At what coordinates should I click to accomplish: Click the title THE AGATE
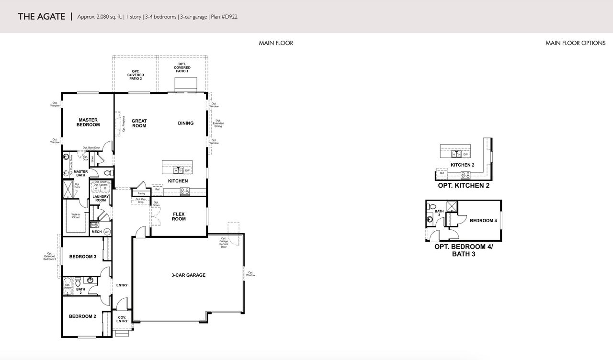tap(41, 17)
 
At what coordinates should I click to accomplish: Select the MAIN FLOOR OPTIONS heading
tap(575, 43)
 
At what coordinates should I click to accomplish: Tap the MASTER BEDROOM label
tap(88, 123)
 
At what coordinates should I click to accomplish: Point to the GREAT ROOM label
tap(139, 124)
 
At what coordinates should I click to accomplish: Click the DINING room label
tap(186, 123)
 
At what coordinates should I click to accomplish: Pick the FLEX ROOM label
tap(179, 216)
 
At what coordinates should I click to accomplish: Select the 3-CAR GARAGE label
tap(188, 275)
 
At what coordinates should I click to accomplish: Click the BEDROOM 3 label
tap(83, 257)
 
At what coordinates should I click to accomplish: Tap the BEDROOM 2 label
tap(82, 316)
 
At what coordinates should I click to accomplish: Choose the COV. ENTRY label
tap(122, 319)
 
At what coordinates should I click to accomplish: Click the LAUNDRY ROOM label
tap(101, 198)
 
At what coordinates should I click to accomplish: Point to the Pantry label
tap(141, 194)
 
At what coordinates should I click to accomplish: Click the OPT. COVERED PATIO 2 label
tap(136, 75)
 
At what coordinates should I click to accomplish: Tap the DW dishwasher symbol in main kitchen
tap(187, 170)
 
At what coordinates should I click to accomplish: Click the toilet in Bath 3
tap(430, 221)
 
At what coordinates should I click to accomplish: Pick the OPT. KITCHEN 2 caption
tap(463, 185)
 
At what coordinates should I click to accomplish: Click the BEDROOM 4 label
tap(483, 221)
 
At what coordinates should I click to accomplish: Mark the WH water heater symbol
tap(107, 232)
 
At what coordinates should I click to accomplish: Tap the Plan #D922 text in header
tap(224, 17)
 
